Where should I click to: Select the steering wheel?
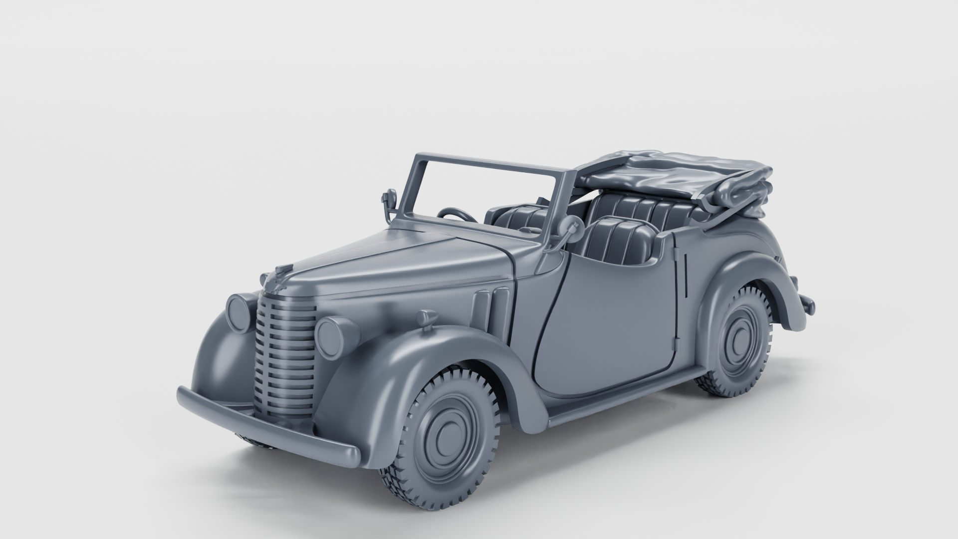click(x=457, y=215)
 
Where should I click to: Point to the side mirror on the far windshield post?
click(x=390, y=199)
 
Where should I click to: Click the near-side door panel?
click(x=609, y=319)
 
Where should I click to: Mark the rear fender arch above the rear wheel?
click(x=738, y=269)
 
